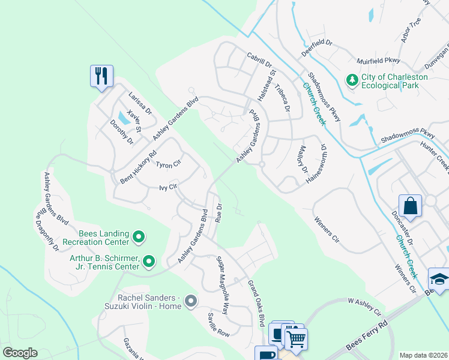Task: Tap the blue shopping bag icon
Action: tap(411, 206)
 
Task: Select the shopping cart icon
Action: tap(296, 340)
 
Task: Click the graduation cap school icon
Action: tap(439, 279)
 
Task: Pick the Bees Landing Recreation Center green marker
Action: tap(139, 237)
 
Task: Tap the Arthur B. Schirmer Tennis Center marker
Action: tap(149, 261)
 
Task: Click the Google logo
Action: tap(20, 352)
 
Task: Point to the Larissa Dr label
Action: tap(140, 104)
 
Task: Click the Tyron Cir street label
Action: tap(168, 164)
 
